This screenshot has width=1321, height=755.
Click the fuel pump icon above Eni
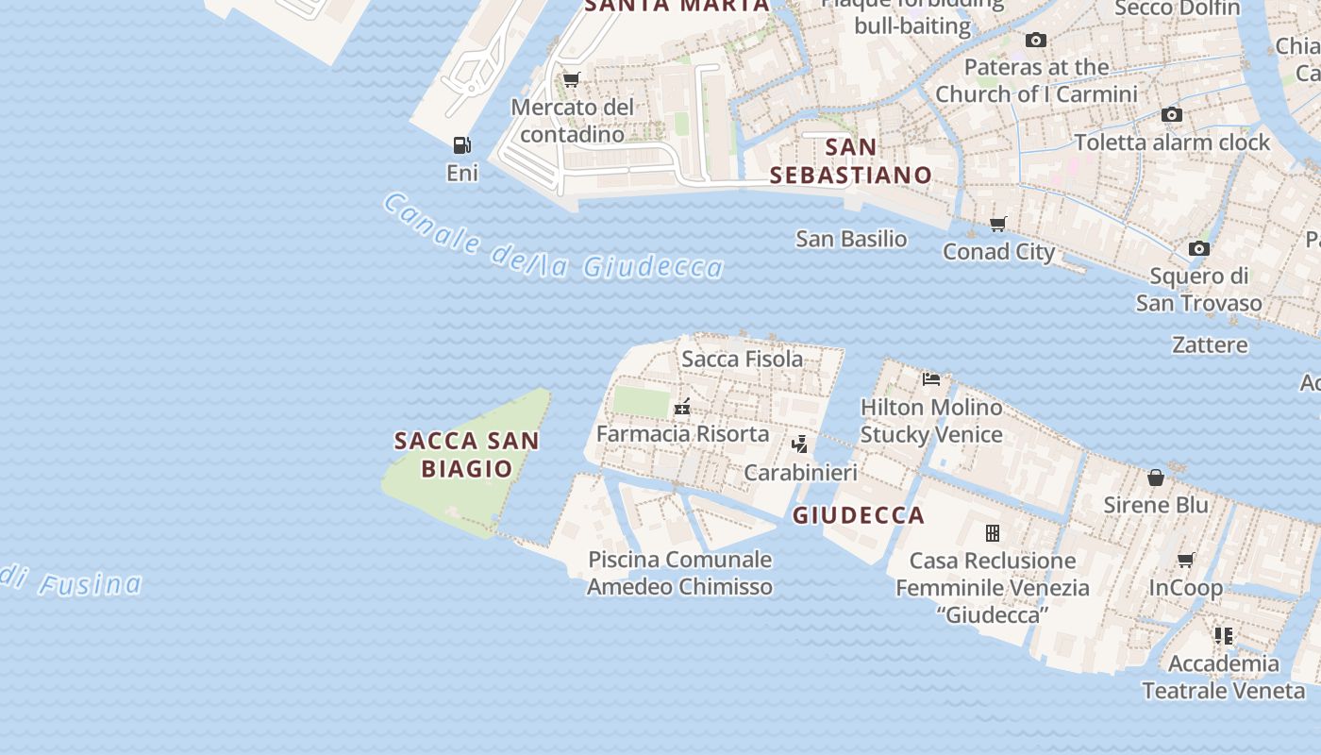click(461, 145)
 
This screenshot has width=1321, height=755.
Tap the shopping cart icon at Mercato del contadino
click(571, 79)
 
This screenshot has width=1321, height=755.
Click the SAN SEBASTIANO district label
click(851, 161)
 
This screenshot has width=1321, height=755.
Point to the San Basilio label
click(851, 239)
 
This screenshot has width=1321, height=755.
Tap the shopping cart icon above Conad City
click(997, 224)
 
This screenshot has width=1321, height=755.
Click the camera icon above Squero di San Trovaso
click(1198, 249)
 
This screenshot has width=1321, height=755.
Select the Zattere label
click(1210, 344)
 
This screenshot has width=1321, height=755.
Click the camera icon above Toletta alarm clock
click(1172, 115)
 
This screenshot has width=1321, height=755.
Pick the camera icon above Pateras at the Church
click(1036, 40)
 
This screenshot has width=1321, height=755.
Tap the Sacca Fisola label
click(743, 359)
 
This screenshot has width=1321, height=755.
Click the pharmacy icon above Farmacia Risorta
click(682, 408)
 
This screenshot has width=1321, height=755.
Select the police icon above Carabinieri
click(799, 444)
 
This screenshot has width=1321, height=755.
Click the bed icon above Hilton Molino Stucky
click(931, 379)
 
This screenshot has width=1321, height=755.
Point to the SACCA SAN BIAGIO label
click(467, 454)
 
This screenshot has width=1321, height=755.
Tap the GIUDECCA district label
click(859, 515)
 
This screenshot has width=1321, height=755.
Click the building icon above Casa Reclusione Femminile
click(992, 533)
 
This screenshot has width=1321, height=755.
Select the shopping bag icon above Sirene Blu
click(1156, 478)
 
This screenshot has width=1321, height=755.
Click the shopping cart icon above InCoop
click(1186, 561)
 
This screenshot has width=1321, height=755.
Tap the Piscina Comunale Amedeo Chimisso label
click(679, 573)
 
